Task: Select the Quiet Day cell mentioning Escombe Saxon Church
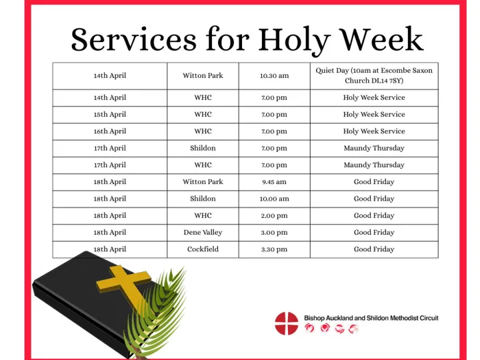[x=374, y=75]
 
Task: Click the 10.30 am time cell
[x=274, y=75]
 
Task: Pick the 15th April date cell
[x=109, y=115]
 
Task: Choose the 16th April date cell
[x=109, y=131]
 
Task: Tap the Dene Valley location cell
[x=203, y=233]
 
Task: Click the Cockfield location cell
[x=203, y=249]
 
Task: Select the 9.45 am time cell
[x=274, y=182]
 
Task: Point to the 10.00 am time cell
[x=274, y=199]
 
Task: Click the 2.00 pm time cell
[x=274, y=216]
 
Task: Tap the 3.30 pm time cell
[x=274, y=249]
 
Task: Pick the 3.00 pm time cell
[x=274, y=233]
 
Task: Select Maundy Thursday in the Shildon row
[x=374, y=148]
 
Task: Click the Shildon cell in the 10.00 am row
[x=203, y=199]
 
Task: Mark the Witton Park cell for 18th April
[x=203, y=182]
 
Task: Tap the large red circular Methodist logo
[x=287, y=323]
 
